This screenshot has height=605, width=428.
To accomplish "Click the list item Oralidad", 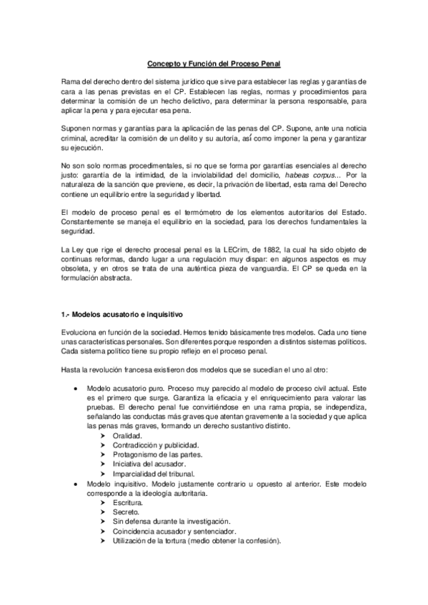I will tap(127, 435).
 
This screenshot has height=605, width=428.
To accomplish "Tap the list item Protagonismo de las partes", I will tap(151, 454).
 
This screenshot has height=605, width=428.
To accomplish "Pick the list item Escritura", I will tap(128, 503).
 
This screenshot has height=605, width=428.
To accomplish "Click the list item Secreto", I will tap(126, 512).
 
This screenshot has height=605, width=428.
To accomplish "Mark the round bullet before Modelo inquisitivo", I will tap(77, 484).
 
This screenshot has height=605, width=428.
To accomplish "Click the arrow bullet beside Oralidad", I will tap(104, 435).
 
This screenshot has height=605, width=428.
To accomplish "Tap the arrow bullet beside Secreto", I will tap(104, 512).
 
